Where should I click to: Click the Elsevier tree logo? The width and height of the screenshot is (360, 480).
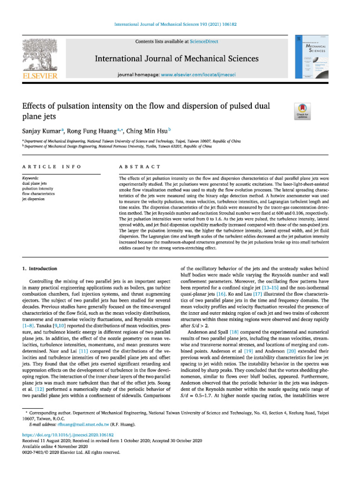pyautogui.click(x=39, y=54)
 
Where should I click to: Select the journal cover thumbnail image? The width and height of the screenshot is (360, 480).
pyautogui.click(x=310, y=59)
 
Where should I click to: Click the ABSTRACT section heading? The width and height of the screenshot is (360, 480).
pyautogui.click(x=140, y=167)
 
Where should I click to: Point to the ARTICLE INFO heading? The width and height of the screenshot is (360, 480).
pyautogui.click(x=52, y=167)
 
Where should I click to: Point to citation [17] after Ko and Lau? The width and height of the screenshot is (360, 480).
pyautogui.click(x=239, y=293)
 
